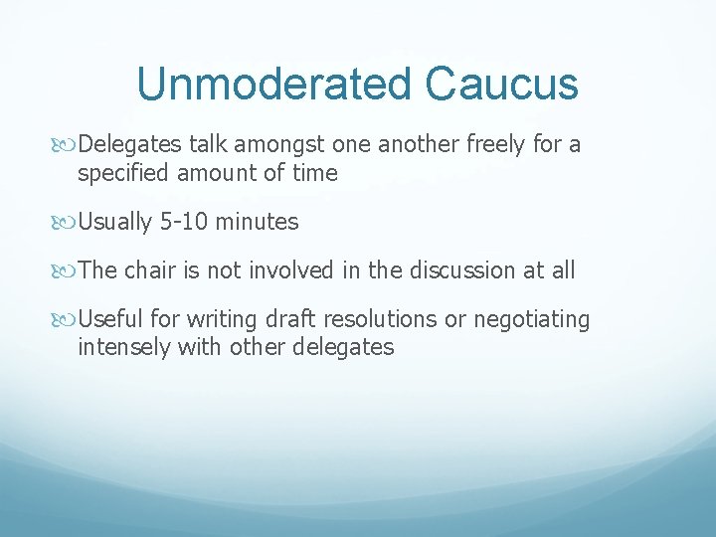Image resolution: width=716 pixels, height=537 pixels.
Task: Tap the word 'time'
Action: (x=315, y=173)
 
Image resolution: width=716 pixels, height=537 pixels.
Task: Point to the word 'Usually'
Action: (x=115, y=222)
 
